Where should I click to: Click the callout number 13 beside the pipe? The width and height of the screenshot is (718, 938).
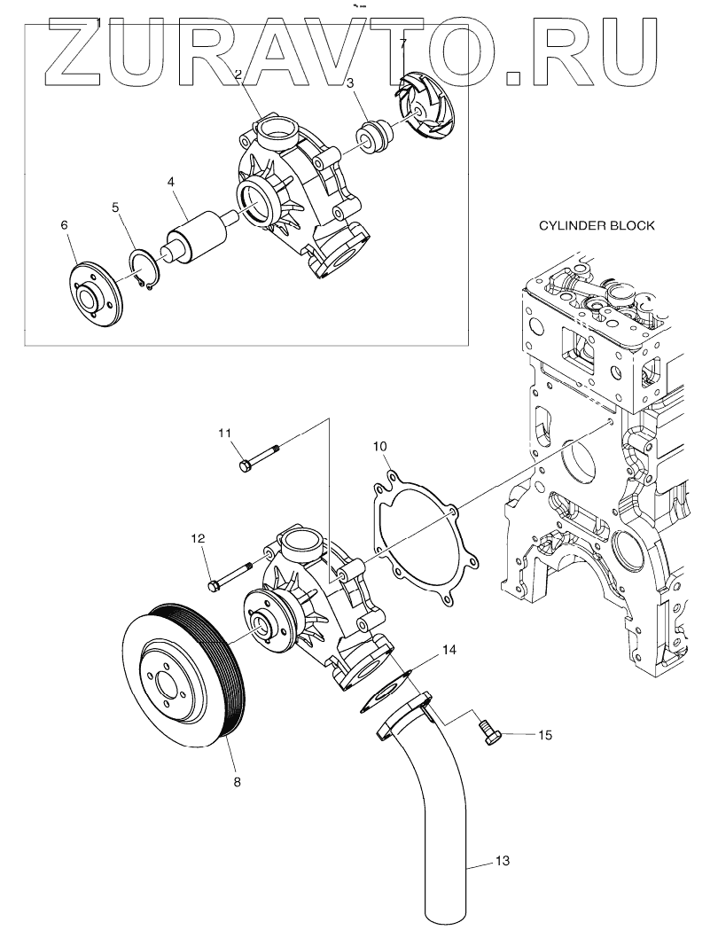[502, 861]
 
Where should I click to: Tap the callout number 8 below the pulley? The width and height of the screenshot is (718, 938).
[237, 782]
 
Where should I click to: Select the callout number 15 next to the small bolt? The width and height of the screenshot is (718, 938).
[545, 735]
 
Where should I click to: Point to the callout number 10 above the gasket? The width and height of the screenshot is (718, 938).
[379, 446]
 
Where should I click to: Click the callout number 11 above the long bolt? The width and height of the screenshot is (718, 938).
[225, 433]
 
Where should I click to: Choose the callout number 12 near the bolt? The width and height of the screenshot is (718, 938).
[198, 538]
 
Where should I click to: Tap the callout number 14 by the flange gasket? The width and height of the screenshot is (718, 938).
[449, 650]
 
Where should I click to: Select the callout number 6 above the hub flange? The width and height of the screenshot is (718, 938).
[64, 225]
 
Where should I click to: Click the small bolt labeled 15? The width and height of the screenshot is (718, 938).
[490, 732]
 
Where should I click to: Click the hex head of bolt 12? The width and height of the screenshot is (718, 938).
[215, 585]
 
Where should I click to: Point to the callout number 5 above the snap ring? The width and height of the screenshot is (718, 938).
[115, 207]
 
